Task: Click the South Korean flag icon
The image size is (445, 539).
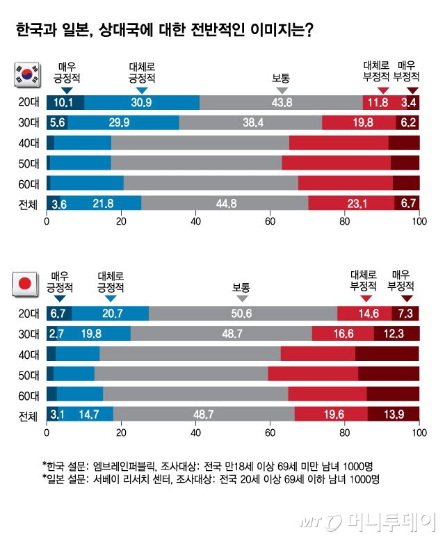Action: point(27,74)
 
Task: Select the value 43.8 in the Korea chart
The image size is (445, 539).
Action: point(282,103)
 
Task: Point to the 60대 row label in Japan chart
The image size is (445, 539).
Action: point(30,394)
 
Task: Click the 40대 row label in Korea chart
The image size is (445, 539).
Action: point(30,143)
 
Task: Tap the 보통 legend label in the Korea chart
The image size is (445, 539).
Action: point(282,78)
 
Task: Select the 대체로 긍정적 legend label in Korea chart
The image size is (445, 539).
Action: point(142,72)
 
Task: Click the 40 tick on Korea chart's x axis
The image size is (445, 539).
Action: point(195,223)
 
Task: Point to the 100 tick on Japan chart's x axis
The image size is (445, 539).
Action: point(419,433)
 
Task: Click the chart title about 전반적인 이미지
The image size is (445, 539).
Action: point(164,31)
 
